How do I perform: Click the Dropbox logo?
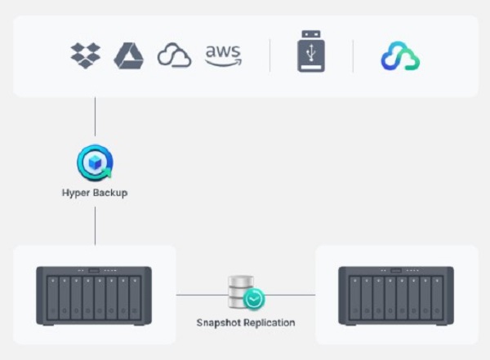pos(85,56)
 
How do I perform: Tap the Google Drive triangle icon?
pos(129,56)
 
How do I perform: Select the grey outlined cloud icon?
pos(175,56)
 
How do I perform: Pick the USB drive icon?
pos(311,54)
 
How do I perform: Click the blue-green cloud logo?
pos(400,56)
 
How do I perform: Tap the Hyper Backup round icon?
pos(95,163)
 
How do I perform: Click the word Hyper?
pos(77,193)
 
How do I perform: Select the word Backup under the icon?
pos(110,193)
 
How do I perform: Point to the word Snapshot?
pos(220,322)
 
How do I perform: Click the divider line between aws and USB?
pos(270,56)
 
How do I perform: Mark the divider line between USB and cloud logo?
pos(353,56)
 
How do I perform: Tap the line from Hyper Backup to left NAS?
pos(95,224)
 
